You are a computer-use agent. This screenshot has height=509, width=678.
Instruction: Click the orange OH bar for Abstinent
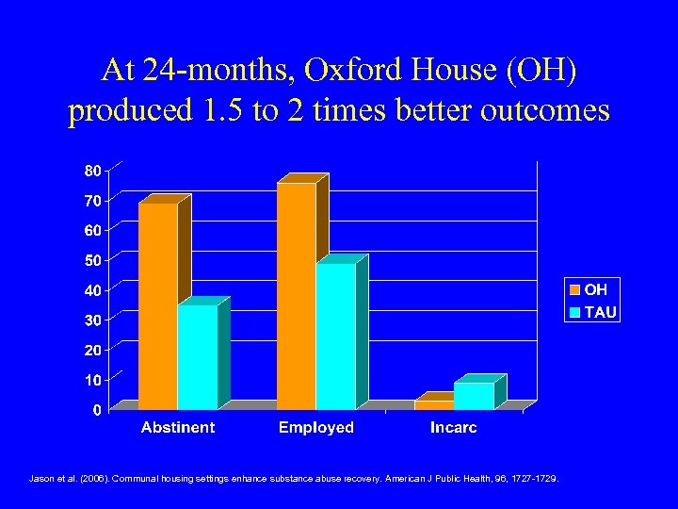pos(158,306)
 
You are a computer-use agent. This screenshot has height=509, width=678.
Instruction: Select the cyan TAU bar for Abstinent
pos(198,357)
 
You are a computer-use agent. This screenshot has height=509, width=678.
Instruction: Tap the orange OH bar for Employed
pos(297,296)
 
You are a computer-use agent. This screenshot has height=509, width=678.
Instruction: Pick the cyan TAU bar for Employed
pos(336,337)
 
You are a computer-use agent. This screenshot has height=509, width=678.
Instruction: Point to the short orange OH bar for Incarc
pos(434,405)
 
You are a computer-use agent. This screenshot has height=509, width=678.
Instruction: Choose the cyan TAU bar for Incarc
pos(474,396)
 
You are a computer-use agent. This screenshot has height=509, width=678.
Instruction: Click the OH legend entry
pos(591,290)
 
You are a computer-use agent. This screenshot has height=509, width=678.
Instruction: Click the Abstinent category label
pos(178,428)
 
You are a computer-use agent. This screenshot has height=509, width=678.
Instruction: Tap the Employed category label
pos(316,428)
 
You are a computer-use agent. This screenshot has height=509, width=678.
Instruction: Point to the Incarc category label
pos(454,428)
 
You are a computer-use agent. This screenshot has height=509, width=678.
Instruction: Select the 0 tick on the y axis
pos(97,410)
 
